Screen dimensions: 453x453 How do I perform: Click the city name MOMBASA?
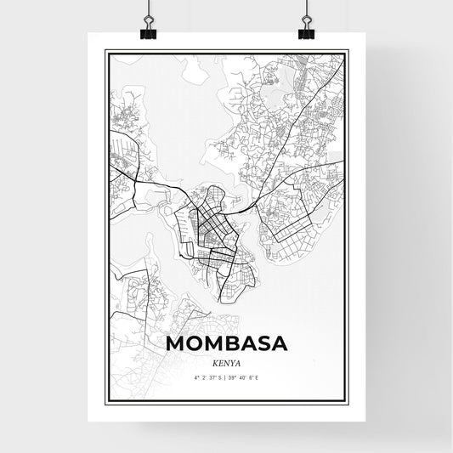pos(226,343)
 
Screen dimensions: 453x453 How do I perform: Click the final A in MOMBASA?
pos(281,343)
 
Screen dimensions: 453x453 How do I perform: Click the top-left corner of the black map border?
pos(105,50)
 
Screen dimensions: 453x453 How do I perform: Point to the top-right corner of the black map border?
pos(348,50)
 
